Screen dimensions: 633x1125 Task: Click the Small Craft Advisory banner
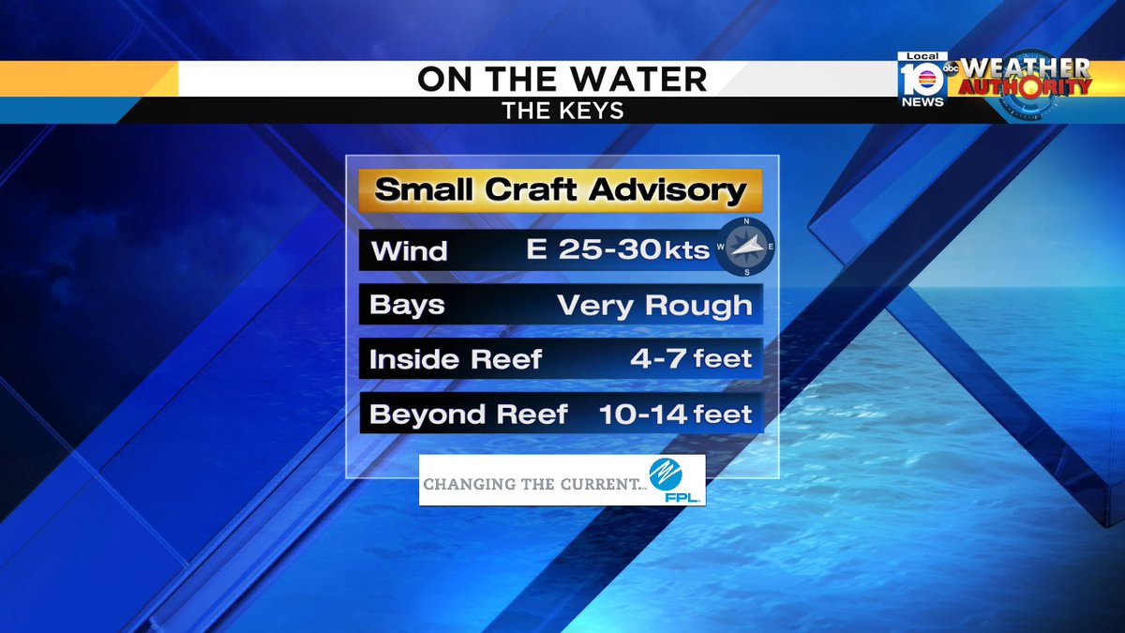(561, 191)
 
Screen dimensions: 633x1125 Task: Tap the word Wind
(409, 251)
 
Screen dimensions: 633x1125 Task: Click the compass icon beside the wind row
(746, 247)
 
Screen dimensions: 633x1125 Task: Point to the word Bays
(407, 306)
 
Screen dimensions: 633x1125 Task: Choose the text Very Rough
(654, 306)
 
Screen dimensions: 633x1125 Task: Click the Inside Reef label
(456, 360)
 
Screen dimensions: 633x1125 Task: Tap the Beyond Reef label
(469, 414)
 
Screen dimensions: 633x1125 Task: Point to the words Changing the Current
(534, 484)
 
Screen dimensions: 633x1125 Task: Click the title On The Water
(562, 80)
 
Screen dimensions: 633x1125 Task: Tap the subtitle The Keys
(562, 111)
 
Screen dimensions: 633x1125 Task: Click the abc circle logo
(951, 68)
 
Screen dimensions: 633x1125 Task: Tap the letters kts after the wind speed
(687, 251)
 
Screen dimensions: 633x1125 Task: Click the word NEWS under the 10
(922, 102)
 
